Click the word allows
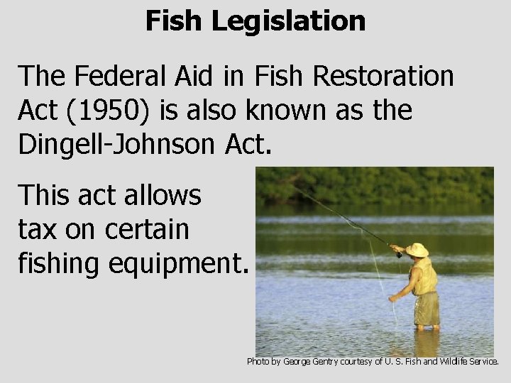point(165,196)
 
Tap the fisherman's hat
point(417,250)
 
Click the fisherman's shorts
point(427,308)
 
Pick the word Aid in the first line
point(184,77)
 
